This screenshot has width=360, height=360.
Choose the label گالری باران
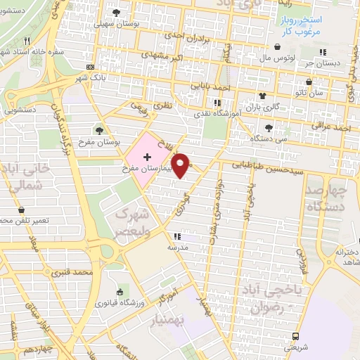point(264,108)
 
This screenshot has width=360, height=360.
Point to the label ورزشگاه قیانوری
point(121,304)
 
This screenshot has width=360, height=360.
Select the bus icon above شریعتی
point(296,336)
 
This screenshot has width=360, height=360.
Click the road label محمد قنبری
point(79,271)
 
